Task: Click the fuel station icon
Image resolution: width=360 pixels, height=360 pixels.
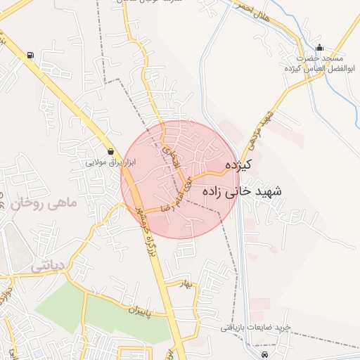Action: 30,55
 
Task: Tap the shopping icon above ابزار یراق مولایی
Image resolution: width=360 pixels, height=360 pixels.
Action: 111,151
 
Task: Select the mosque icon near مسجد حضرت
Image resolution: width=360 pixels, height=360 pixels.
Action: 320,48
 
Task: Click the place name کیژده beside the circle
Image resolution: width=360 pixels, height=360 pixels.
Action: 239,165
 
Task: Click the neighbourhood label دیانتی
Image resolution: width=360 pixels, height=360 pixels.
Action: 48,266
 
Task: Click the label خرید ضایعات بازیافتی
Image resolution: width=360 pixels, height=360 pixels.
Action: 255,328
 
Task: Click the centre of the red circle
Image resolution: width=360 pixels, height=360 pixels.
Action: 180,180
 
